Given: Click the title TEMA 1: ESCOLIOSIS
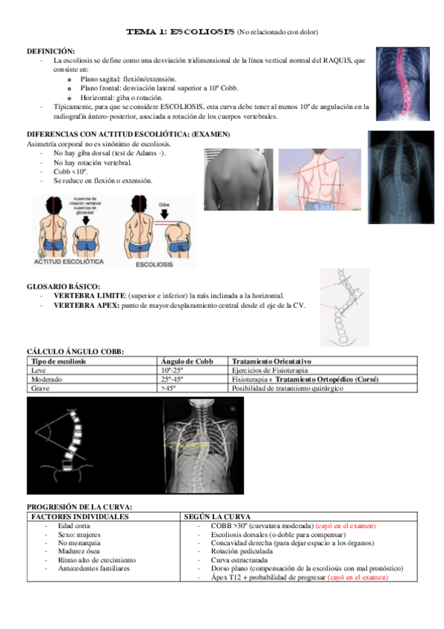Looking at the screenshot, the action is [x=179, y=33].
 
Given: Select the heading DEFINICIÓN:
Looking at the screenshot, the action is [x=50, y=50].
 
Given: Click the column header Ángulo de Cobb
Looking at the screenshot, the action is [x=187, y=360].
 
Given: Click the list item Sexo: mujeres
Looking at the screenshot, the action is [x=79, y=534].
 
